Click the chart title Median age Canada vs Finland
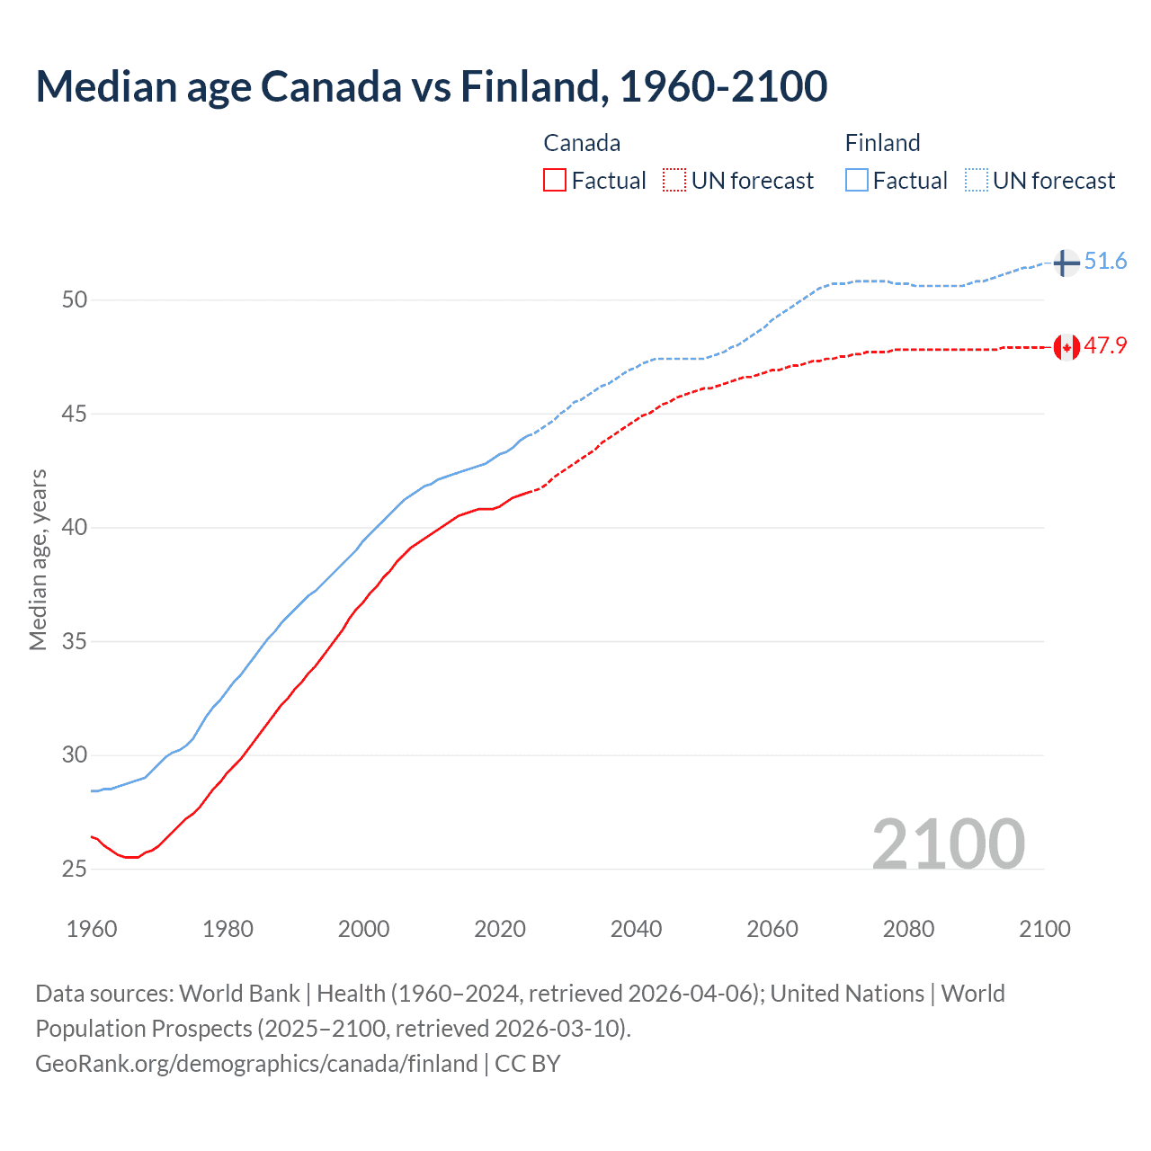tap(431, 86)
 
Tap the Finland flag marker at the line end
tap(1066, 263)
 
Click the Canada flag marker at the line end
tap(1066, 346)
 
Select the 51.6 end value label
tap(1105, 262)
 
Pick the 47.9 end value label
tap(1105, 346)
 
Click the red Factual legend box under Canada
tap(555, 180)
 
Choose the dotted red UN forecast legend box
tap(674, 180)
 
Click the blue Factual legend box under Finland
tap(857, 180)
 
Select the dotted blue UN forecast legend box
tap(976, 180)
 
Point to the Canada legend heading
tap(582, 143)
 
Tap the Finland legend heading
tap(882, 143)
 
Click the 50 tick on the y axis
tap(75, 299)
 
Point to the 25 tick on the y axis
tap(75, 869)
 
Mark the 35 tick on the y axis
tap(75, 641)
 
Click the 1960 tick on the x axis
tap(92, 929)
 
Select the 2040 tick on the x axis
tap(636, 929)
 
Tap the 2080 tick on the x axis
tap(908, 929)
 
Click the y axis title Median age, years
tap(38, 559)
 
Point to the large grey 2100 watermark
tap(948, 843)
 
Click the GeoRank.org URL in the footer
tap(256, 1064)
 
